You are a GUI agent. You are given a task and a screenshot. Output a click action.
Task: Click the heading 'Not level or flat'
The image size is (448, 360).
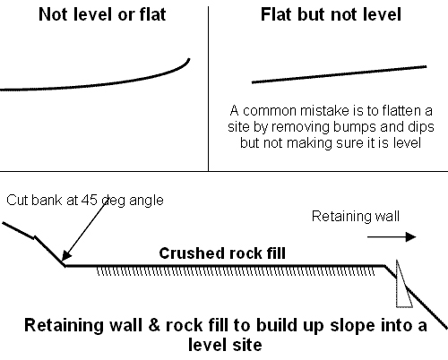click(102, 14)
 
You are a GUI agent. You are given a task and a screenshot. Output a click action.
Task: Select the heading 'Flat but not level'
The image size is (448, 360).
click(331, 14)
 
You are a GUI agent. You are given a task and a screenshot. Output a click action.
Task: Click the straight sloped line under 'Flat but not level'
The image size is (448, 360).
click(339, 74)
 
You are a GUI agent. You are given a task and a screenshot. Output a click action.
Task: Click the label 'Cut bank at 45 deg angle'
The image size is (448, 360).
click(85, 200)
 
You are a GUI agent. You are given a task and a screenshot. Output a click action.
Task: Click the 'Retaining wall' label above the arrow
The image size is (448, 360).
click(356, 216)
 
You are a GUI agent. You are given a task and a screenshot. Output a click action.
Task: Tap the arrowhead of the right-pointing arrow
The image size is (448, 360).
click(411, 237)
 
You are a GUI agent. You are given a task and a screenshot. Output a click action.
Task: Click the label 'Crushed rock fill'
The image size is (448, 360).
click(222, 253)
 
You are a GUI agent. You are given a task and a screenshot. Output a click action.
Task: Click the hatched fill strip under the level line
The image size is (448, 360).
click(236, 271)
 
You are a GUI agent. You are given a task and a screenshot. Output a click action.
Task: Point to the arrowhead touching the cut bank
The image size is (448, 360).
click(66, 255)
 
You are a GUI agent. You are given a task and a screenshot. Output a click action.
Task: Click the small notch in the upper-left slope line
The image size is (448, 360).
click(35, 238)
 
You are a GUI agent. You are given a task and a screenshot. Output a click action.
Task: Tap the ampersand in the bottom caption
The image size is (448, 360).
click(154, 325)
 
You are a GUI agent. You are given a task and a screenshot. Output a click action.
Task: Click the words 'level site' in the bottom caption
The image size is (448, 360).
click(225, 345)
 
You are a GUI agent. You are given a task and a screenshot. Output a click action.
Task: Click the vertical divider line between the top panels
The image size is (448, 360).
click(208, 89)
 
